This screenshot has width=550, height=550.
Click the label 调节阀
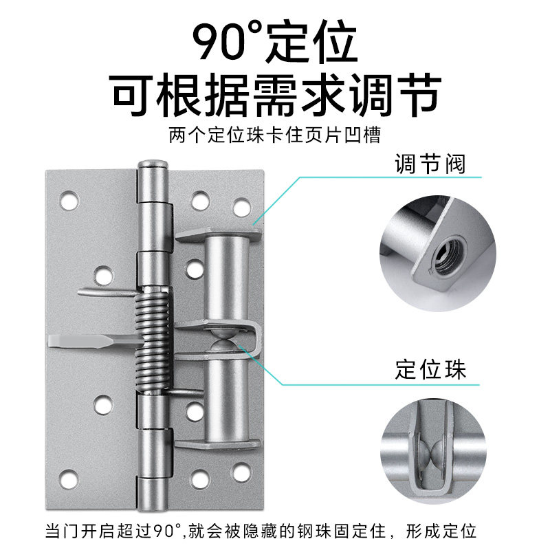(430, 164)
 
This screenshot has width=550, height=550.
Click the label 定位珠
(431, 369)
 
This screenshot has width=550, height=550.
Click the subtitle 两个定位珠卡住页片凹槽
(274, 135)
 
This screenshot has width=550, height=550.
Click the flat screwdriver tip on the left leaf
(96, 341)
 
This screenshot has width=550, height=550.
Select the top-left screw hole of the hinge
(69, 200)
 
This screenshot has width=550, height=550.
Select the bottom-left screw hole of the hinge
(69, 478)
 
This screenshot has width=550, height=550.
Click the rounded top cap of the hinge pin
(153, 164)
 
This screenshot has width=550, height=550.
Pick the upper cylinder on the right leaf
(227, 277)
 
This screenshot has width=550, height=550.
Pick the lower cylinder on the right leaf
(227, 401)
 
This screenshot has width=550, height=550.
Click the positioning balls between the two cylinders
(222, 340)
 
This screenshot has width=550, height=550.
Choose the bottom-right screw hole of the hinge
(243, 472)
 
